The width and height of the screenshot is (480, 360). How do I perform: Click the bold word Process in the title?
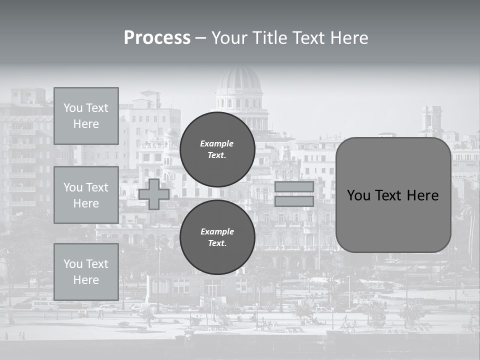pos(157,38)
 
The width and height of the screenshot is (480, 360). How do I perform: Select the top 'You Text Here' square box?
pos(86,116)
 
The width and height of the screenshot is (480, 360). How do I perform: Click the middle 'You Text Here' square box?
pos(86,195)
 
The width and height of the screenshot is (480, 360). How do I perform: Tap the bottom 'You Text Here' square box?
pos(86,272)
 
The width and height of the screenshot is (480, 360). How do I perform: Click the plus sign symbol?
pos(154,194)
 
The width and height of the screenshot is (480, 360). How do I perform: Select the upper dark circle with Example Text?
pos(217,149)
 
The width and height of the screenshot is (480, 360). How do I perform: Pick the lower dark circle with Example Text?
pos(217,237)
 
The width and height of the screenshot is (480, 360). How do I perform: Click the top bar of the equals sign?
pos(294,186)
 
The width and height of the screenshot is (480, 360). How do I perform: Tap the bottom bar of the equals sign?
pos(294,201)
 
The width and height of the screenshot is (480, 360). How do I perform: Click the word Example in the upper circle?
pos(217,143)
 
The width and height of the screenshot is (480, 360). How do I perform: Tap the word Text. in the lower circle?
pos(217,243)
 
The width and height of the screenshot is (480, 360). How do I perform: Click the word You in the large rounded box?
pos(358,195)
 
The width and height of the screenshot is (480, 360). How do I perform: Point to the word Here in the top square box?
pos(86,124)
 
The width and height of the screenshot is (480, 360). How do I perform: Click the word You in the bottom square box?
pos(72,264)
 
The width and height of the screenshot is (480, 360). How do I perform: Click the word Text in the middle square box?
pos(97,187)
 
